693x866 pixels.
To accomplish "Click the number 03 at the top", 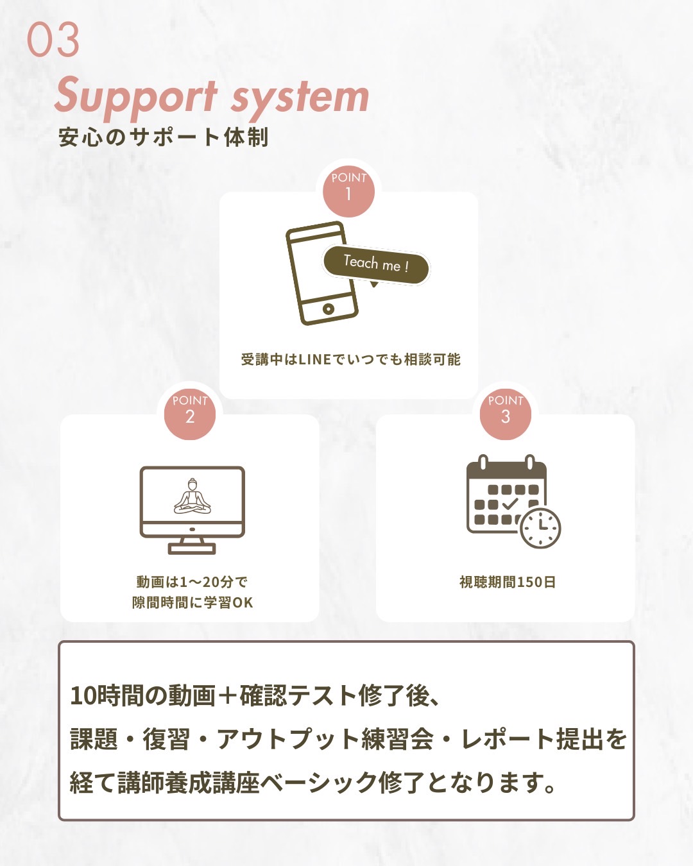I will pos(53,40).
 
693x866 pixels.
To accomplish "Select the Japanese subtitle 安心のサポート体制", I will pos(163,137).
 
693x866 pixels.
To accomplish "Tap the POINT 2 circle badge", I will pos(190,412).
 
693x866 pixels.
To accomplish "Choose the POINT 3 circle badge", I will pos(506,412).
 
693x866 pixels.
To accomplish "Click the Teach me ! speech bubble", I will pos(375,264).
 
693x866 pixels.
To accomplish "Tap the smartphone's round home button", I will pos(329,309).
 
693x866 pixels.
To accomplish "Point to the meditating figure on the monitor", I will pos(192,497).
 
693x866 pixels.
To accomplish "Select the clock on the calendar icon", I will pos(540,527).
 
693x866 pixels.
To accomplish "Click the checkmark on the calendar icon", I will pos(510,504).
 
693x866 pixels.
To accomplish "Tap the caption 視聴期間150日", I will pos(507,582).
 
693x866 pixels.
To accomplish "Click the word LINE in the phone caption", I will pos(314,360).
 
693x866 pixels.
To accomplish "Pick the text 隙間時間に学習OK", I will pos(193,603).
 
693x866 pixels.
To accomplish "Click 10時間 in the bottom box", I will pos(106,696).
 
